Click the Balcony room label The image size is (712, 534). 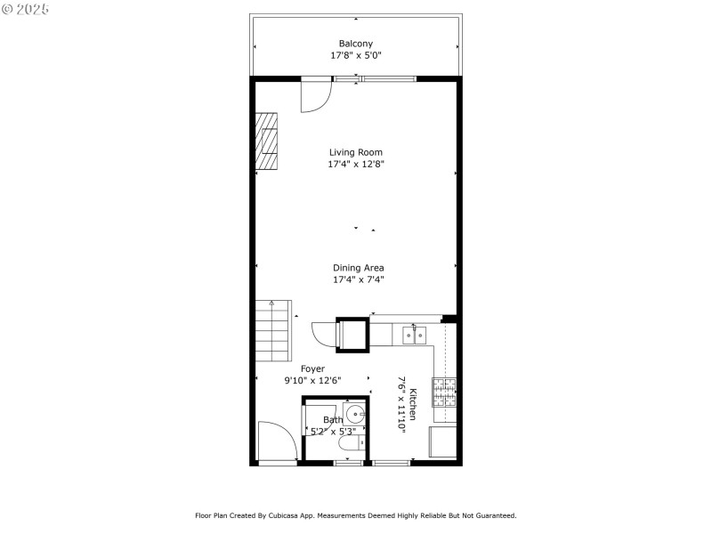click(x=355, y=44)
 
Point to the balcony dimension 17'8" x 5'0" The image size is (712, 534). click(x=355, y=55)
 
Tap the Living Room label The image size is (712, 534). click(x=355, y=152)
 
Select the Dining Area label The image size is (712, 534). click(x=358, y=268)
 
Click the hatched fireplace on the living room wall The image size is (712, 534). click(x=267, y=142)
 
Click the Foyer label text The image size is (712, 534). click(x=312, y=368)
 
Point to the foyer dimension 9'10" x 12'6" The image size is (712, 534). click(x=312, y=380)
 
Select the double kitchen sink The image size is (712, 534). click(x=413, y=335)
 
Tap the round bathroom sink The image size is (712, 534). click(x=355, y=414)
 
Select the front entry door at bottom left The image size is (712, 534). click(x=277, y=442)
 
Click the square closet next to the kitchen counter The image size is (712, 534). click(x=352, y=336)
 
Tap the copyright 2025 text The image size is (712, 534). click(x=26, y=9)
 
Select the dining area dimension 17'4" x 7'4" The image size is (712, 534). click(x=358, y=279)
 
